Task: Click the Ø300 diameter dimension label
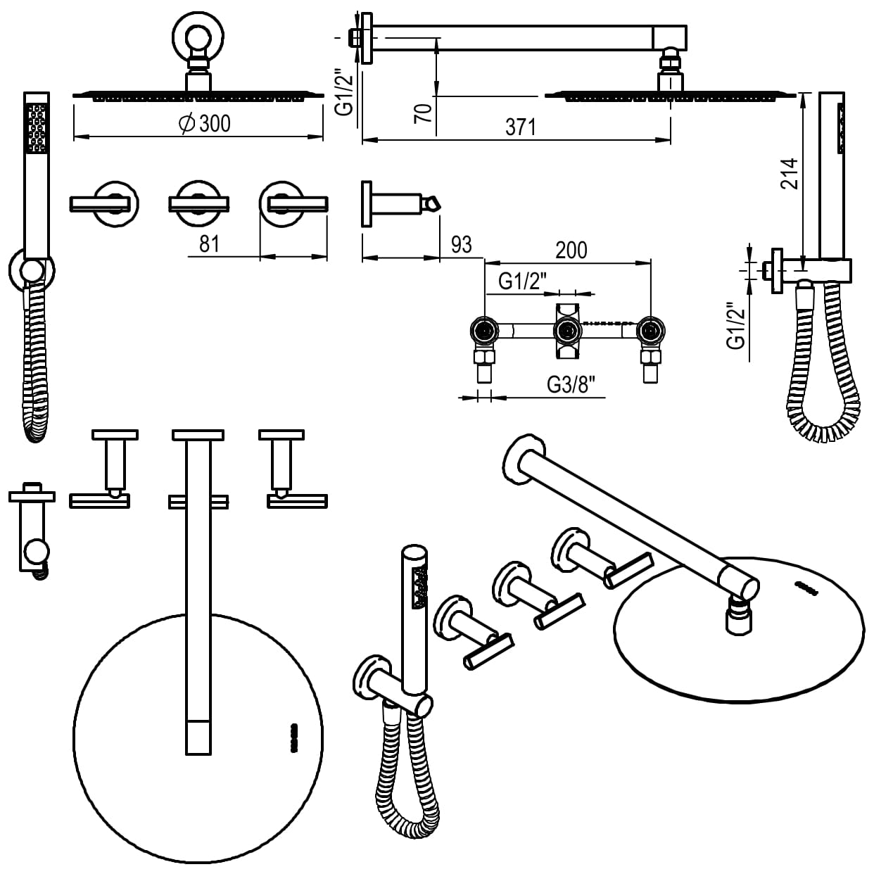pyautogui.click(x=205, y=124)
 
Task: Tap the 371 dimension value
pyautogui.click(x=521, y=127)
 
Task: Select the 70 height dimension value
pyautogui.click(x=423, y=113)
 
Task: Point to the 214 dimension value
pyautogui.click(x=791, y=174)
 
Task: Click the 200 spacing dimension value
pyautogui.click(x=571, y=250)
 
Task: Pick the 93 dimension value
pyautogui.click(x=461, y=245)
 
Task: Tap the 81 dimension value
pyautogui.click(x=210, y=244)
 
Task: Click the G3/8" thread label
pyautogui.click(x=571, y=384)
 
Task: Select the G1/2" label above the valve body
pyautogui.click(x=523, y=281)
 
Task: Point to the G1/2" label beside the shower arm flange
pyautogui.click(x=343, y=91)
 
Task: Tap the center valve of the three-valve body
pyautogui.click(x=566, y=329)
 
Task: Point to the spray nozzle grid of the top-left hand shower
pyautogui.click(x=37, y=127)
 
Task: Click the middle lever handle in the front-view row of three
pyautogui.click(x=198, y=203)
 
